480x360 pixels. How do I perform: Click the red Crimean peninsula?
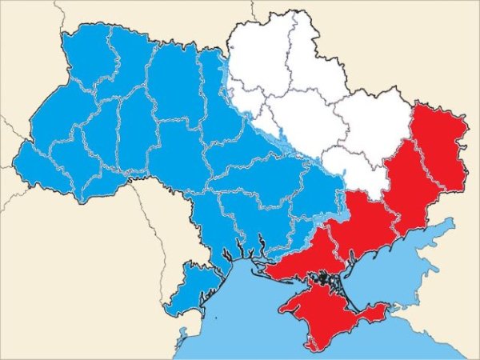(x=320, y=316)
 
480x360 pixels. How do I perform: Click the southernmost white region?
(x=352, y=172)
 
